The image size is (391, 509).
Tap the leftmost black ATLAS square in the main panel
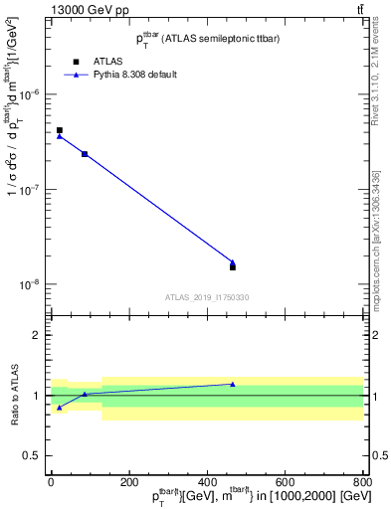pos(60,130)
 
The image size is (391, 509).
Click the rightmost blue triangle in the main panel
pos(233,262)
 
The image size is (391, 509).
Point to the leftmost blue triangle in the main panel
pos(60,136)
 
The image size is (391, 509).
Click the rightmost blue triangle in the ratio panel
pos(233,384)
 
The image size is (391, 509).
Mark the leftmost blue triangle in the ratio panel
pos(60,408)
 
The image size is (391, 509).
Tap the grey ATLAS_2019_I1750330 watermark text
pos(207,297)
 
